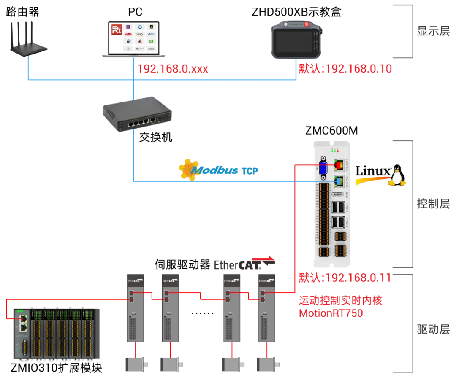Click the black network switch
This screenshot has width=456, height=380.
coord(136,116)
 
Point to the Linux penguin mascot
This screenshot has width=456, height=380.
coord(397,175)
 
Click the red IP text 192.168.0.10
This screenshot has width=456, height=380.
coord(345,69)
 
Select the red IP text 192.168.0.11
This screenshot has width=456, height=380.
coord(345,278)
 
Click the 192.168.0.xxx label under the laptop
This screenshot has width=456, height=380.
coord(173,69)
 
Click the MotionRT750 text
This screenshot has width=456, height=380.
coord(331,313)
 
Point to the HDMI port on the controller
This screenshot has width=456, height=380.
coord(338,194)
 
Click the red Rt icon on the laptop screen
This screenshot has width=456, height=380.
coord(116,30)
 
